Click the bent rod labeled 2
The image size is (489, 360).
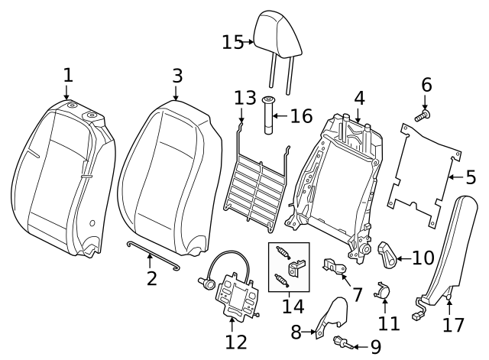(x=152, y=254)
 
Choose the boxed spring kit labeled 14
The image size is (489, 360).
(x=289, y=267)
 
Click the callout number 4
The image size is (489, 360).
(x=359, y=98)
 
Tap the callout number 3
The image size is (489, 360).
(x=177, y=76)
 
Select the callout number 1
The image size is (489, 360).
(x=68, y=75)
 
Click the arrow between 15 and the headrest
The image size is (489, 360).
(x=249, y=42)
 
